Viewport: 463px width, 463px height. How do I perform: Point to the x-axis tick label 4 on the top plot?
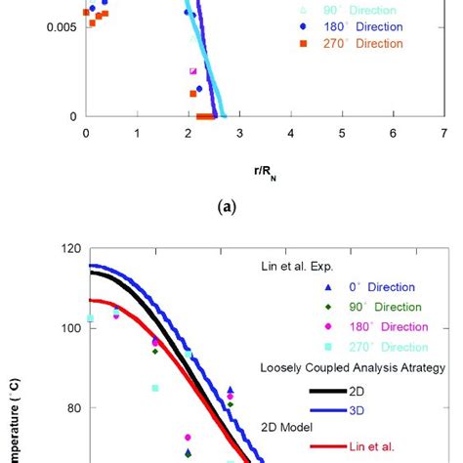[291, 134]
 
